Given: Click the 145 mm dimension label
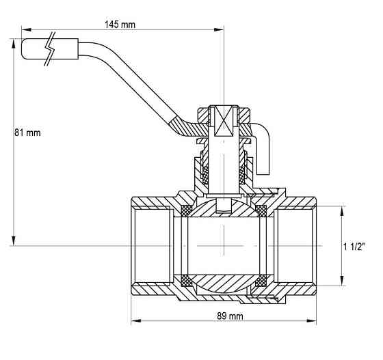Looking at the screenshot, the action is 120,25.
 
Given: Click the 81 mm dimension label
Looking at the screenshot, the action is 27,133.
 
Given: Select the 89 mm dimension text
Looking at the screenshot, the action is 230,316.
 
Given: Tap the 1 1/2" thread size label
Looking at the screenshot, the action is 354,247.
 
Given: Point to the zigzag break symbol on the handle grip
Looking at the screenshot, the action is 51,49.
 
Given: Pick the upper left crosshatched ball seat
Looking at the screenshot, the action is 186,210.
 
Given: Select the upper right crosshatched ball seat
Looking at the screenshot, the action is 261,210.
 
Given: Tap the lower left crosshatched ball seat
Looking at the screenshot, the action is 186,281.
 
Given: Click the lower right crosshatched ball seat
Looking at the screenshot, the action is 261,281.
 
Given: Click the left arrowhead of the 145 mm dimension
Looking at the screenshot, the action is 27,30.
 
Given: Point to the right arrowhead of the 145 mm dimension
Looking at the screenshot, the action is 219,30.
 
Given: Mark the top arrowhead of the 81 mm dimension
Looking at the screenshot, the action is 14,44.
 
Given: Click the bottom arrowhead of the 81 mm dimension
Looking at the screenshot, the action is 14,240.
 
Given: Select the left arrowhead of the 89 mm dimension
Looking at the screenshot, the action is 136,320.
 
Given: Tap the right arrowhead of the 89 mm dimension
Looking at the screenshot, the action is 311,320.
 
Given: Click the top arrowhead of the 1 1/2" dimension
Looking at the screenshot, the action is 342,211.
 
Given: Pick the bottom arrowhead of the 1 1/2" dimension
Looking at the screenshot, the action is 342,281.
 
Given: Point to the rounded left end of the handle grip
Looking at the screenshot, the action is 24,49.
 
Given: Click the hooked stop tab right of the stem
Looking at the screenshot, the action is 263,149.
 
